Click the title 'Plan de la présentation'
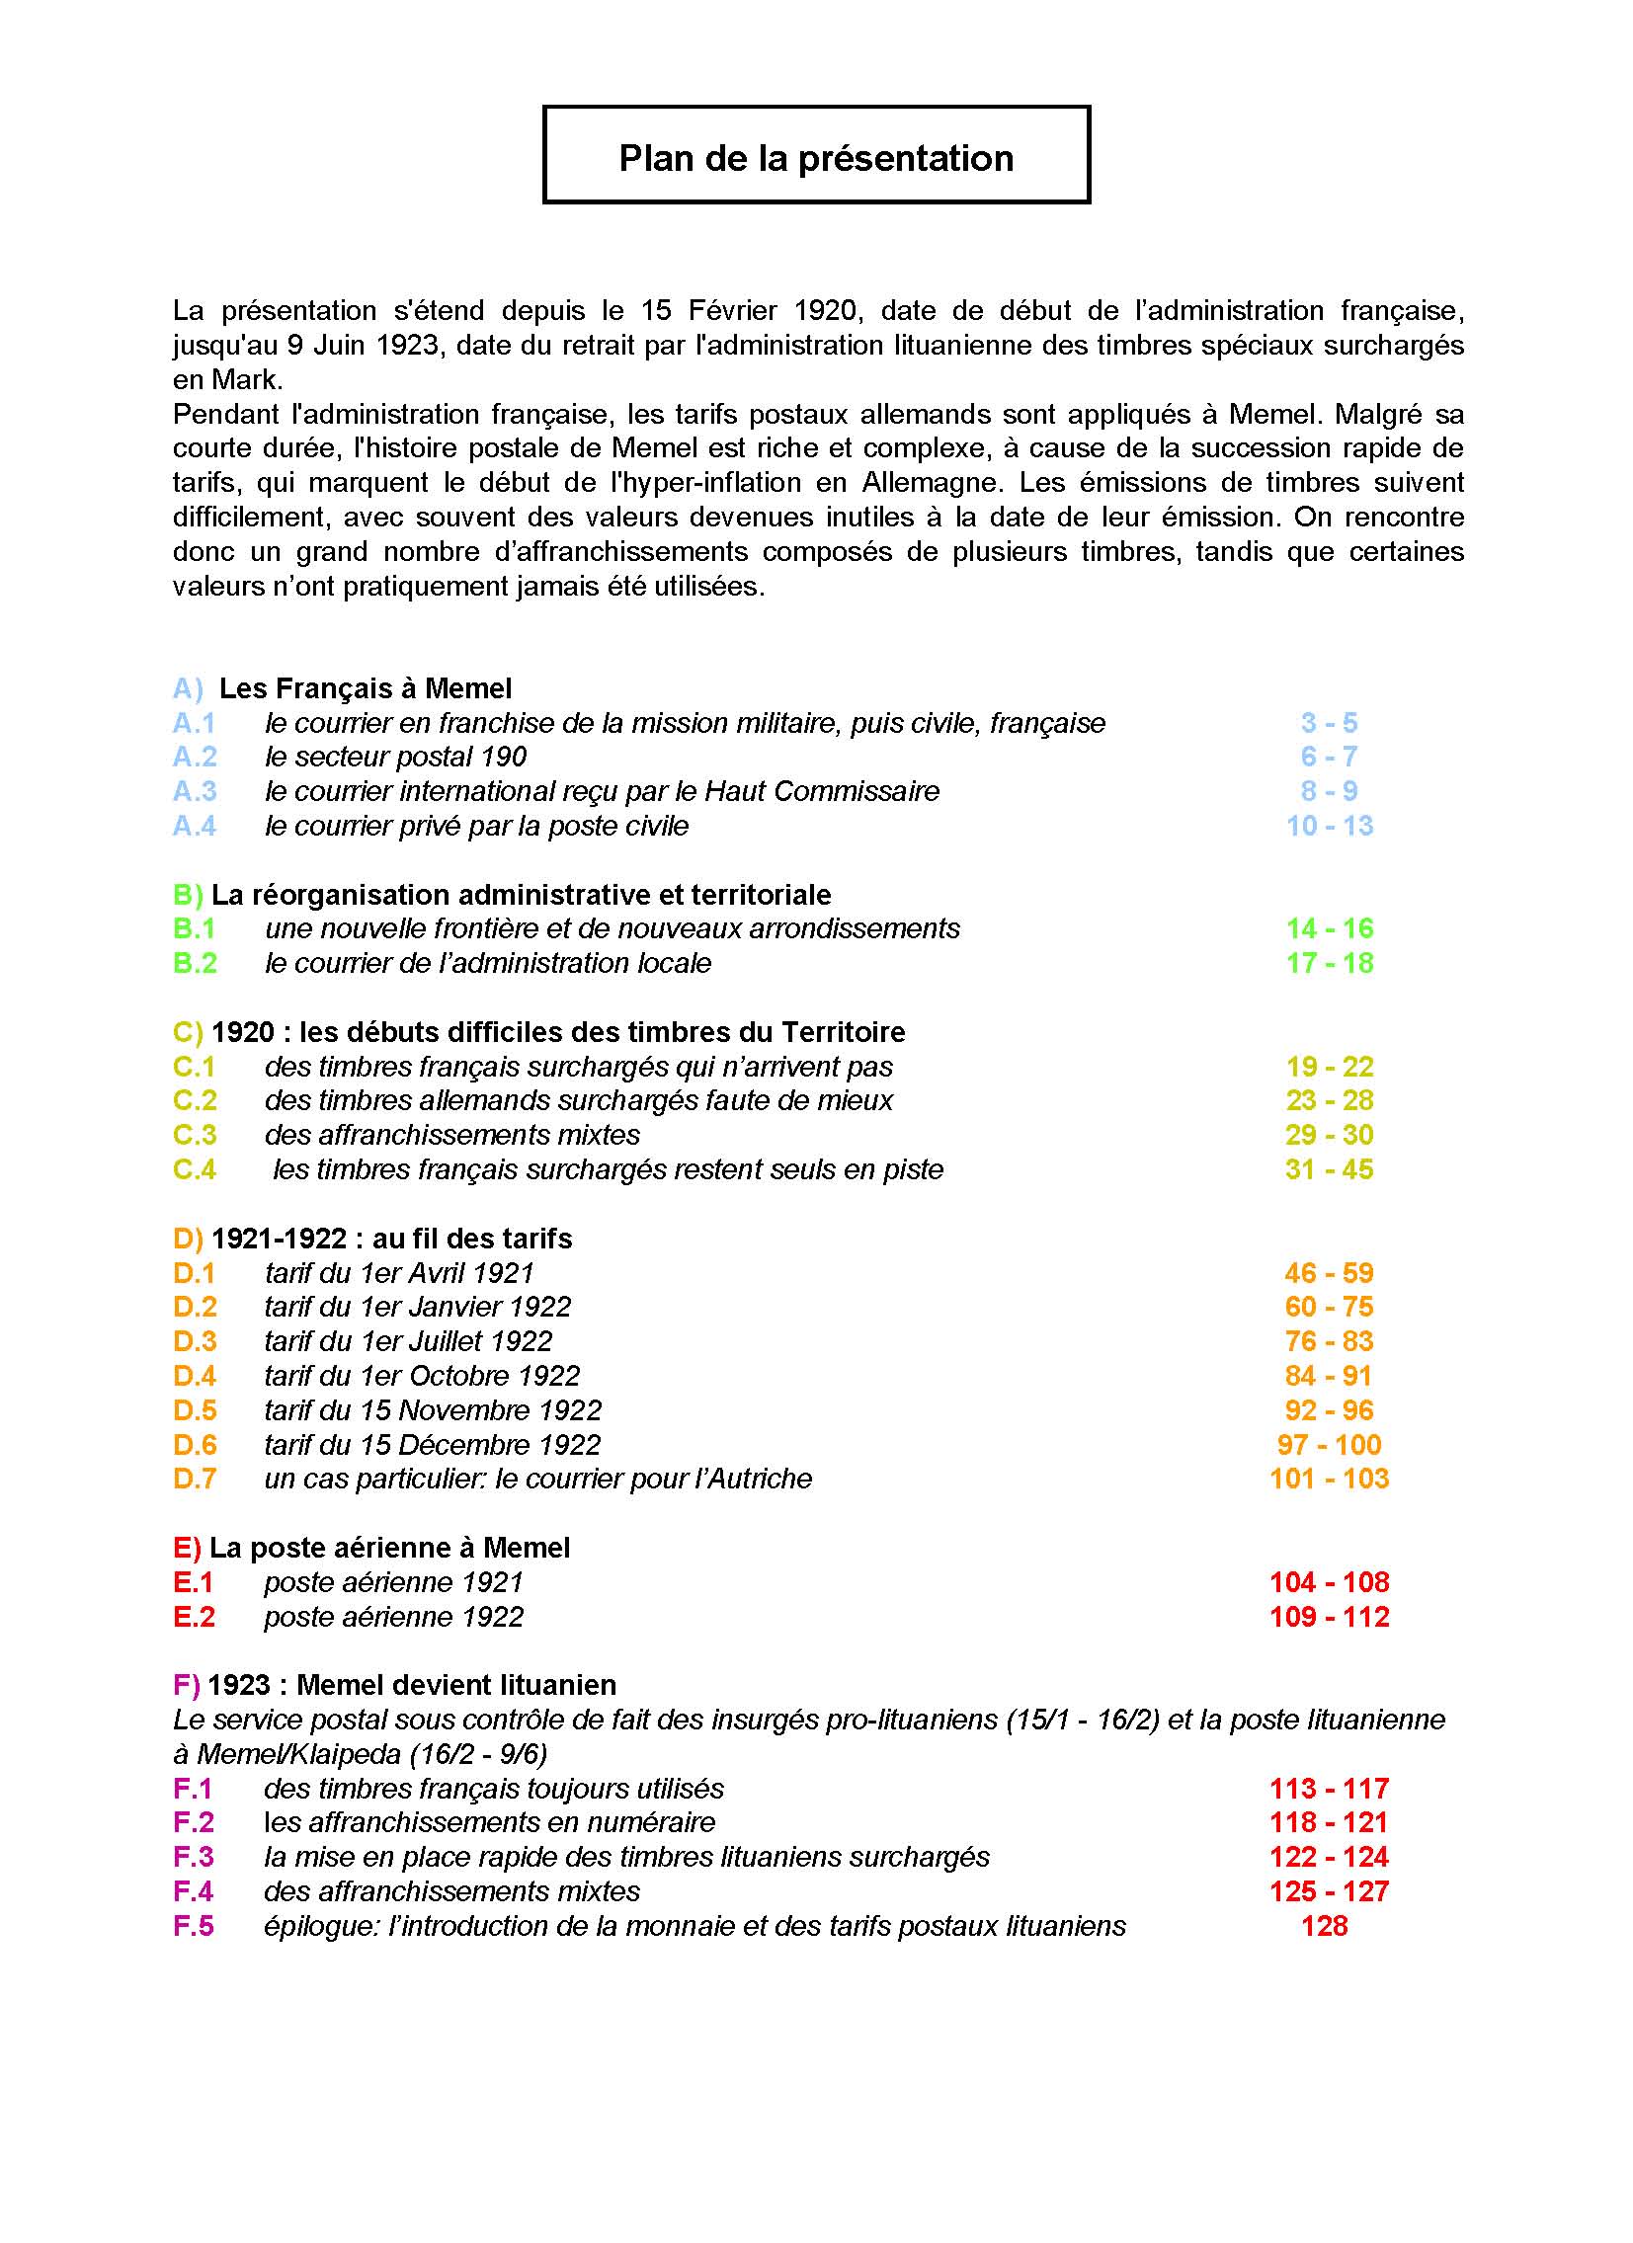click(x=816, y=158)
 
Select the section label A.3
click(x=195, y=791)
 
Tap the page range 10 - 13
click(x=1330, y=826)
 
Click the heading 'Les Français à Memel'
click(x=365, y=688)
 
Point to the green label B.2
click(x=195, y=963)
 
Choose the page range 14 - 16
click(x=1330, y=928)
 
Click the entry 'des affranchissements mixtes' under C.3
click(x=452, y=1135)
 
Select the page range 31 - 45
click(x=1330, y=1169)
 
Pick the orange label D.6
click(x=195, y=1445)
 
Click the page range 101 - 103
click(x=1330, y=1479)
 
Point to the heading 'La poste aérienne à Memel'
click(x=389, y=1548)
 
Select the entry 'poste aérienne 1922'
click(x=392, y=1617)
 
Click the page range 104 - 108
click(x=1330, y=1582)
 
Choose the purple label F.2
click(x=194, y=1822)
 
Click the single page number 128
click(x=1325, y=1926)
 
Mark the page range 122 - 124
click(x=1330, y=1857)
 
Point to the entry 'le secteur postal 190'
click(x=394, y=757)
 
